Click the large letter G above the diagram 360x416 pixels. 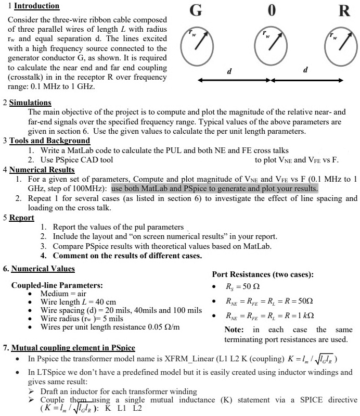196,10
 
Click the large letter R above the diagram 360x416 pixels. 344,10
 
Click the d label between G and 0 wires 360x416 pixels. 229,70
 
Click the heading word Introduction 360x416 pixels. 36,6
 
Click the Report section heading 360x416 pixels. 22,218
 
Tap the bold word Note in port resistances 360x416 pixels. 234,330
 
